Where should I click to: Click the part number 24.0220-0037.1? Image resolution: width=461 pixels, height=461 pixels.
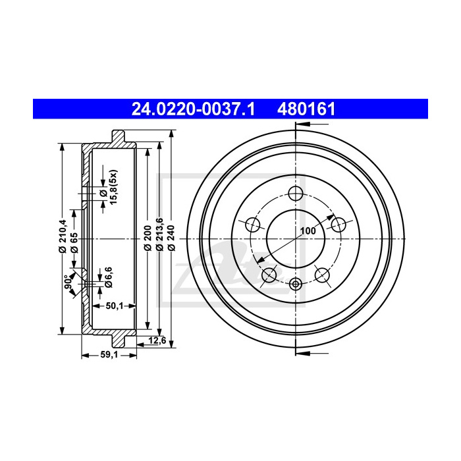pyautogui.click(x=193, y=109)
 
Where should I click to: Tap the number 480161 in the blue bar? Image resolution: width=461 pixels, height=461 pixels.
pyautogui.click(x=306, y=109)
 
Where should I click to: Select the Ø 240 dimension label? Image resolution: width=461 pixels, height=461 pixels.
pyautogui.click(x=171, y=238)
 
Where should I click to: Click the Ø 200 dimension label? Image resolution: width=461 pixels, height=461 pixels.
pyautogui.click(x=148, y=238)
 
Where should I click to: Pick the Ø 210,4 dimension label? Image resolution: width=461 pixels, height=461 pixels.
pyautogui.click(x=63, y=236)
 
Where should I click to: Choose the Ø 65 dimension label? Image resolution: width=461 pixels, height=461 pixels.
pyautogui.click(x=74, y=243)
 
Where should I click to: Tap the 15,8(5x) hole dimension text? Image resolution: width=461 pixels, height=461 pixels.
pyautogui.click(x=113, y=187)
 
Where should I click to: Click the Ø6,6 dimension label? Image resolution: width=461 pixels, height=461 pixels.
pyautogui.click(x=109, y=277)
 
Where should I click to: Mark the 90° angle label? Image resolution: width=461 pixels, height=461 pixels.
pyautogui.click(x=68, y=281)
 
